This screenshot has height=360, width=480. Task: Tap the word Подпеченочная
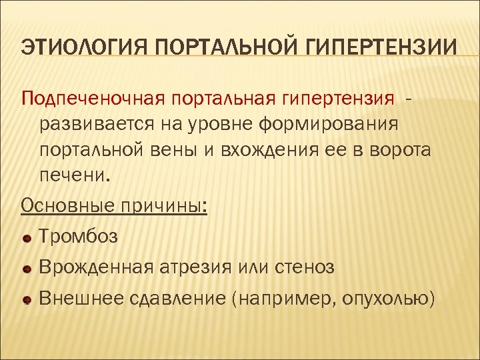pos(94,99)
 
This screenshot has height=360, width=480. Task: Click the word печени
pos(72,176)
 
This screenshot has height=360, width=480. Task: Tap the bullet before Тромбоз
pos(26,237)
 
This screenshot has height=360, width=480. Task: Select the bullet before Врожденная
pos(26,269)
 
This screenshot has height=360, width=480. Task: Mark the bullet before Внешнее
pos(26,301)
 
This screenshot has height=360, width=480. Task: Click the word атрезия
pos(198,267)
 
